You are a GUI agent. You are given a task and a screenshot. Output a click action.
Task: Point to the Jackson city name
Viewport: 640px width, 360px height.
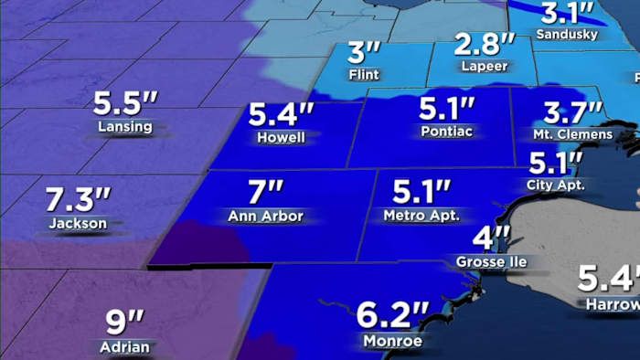pos(79,223)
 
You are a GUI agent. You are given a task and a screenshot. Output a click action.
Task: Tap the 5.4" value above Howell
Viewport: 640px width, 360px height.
pos(282,115)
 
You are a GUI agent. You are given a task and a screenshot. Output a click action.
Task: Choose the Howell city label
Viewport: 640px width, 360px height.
pos(282,138)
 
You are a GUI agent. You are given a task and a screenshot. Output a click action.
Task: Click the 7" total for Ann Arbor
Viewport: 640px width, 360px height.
pos(265,194)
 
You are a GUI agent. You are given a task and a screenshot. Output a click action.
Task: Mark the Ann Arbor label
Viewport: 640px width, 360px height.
pos(265,217)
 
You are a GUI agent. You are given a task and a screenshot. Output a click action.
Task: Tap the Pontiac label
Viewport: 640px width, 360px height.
pos(445,132)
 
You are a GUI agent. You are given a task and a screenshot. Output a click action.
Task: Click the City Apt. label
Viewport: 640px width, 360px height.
pos(555,185)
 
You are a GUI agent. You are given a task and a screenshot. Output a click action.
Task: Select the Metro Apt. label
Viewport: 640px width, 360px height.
pos(421,217)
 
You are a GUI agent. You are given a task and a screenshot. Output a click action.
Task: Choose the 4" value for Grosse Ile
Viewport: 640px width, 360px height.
pos(490,239)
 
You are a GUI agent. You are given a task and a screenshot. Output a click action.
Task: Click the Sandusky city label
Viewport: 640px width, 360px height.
pos(567,35)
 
